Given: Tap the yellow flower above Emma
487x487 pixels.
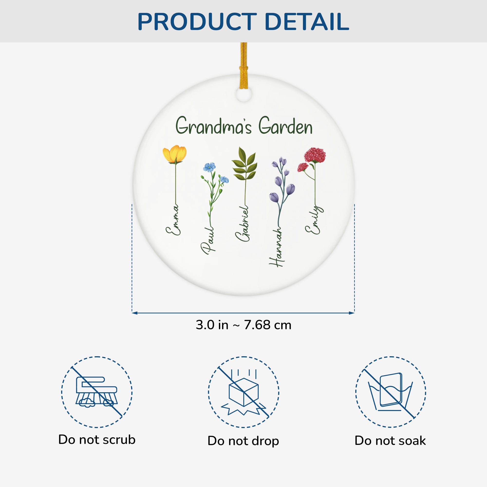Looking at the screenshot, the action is [x=175, y=154].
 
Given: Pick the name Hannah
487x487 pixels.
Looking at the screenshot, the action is [x=276, y=247].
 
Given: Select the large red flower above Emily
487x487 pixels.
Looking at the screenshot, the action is [x=315, y=155].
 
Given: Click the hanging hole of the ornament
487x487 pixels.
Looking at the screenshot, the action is [x=244, y=94].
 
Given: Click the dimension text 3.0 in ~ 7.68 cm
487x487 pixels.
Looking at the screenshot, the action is [x=243, y=325].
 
